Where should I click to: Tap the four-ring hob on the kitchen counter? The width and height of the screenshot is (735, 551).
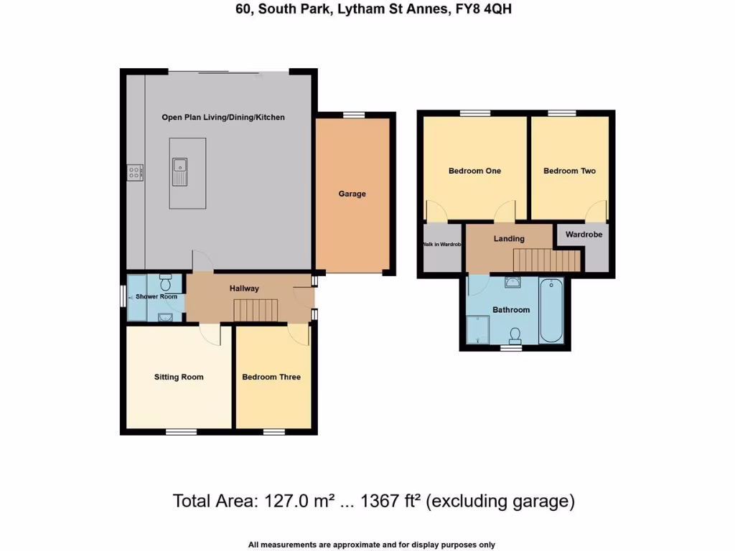(x=135, y=172)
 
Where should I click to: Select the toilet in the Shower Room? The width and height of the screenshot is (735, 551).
(x=166, y=278)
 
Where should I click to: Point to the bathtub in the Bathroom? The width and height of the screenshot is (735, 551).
(x=553, y=310)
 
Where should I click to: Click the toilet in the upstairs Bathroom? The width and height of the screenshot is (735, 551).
(x=515, y=335)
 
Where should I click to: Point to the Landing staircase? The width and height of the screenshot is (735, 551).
(x=545, y=259)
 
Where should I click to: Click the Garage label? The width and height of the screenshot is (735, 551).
(x=352, y=194)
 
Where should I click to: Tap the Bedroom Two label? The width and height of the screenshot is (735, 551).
(x=569, y=171)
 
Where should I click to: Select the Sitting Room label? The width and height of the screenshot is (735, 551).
(x=179, y=377)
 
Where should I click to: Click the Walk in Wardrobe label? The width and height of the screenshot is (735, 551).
(x=441, y=245)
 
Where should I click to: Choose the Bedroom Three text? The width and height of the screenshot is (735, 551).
(x=271, y=377)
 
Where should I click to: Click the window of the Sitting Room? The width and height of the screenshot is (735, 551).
(x=179, y=432)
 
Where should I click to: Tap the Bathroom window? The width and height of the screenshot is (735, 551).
(x=510, y=349)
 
